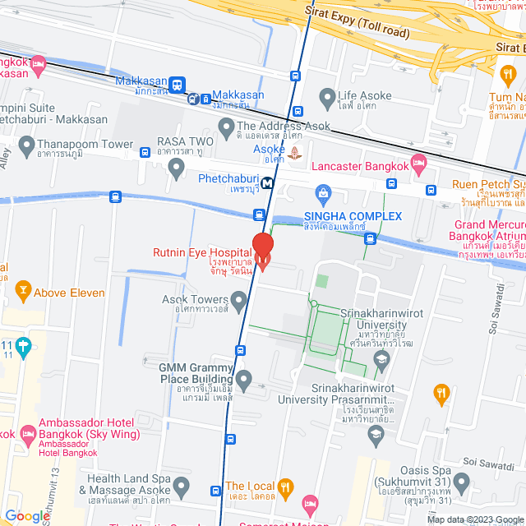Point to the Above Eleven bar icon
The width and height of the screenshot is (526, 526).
[x=22, y=292]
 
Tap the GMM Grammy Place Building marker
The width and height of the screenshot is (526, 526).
[x=244, y=380]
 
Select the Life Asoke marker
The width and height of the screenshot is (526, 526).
[x=326, y=101]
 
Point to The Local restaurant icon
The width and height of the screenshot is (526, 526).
[x=285, y=486]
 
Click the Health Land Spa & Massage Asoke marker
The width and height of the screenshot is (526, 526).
[x=183, y=491]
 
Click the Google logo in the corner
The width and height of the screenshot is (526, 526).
[x=27, y=515]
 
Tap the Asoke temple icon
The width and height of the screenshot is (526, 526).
[x=294, y=152]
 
